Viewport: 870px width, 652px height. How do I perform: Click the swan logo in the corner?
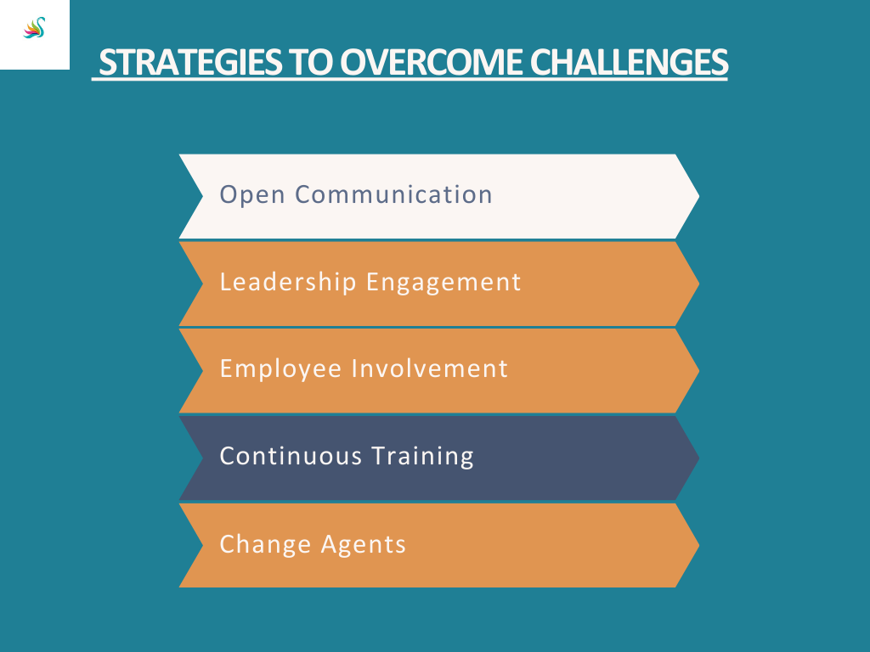34,28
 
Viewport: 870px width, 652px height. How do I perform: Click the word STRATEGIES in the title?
189,62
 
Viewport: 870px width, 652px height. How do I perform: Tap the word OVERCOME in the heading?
431,62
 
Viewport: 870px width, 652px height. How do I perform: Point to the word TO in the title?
311,62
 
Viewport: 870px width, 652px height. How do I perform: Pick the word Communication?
393,194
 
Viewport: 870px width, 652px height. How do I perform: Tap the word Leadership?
288,282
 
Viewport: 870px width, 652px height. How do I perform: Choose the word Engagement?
443,283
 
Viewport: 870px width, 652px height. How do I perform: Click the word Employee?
280,369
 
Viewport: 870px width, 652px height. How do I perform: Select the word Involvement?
430,368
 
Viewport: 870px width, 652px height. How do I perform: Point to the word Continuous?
291,456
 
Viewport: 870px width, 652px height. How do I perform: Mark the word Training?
423,457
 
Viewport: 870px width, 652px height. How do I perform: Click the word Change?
265,544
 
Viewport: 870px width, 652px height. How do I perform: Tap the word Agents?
364,545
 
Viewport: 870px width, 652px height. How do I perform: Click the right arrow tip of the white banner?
698,196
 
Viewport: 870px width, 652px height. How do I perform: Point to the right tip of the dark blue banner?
698,458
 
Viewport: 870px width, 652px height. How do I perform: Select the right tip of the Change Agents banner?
698,545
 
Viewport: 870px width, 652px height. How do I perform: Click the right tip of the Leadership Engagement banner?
698,284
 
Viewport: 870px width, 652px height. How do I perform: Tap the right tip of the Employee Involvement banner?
698,370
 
